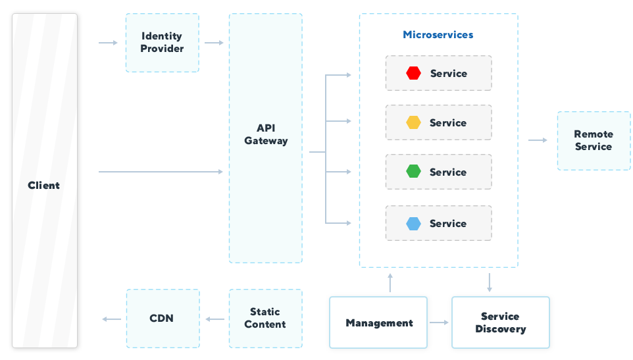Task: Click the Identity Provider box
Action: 162,43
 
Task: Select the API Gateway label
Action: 266,134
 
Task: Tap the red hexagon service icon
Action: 413,73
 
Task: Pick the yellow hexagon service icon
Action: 413,122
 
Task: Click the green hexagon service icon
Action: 413,172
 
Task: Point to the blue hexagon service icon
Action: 413,224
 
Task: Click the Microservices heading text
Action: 438,35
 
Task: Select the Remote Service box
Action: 594,141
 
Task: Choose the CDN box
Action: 162,319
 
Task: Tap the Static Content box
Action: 265,319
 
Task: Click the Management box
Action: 378,322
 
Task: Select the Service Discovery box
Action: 500,322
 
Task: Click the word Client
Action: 44,186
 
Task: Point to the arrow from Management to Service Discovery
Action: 439,322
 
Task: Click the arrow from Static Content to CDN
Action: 215,319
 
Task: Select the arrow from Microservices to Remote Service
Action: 538,140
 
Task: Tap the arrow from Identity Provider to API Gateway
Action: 214,43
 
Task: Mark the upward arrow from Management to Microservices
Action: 390,282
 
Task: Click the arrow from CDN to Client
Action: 111,319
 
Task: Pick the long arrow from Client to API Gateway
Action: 161,172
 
